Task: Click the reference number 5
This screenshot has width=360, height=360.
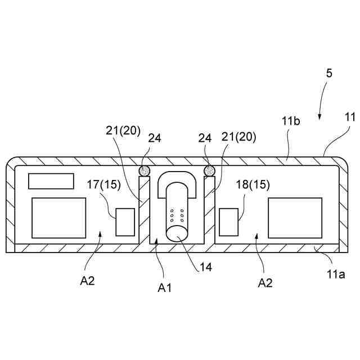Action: pos(329,73)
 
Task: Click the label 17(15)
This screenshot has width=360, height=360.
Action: pos(103,184)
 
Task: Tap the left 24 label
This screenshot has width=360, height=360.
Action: pos(155,137)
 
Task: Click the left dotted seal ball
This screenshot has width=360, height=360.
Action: pos(145,170)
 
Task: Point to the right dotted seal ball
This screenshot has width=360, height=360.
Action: pos(210,170)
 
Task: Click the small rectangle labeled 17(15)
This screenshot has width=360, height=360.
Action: pos(125,222)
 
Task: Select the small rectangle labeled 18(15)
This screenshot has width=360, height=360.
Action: pos(228,222)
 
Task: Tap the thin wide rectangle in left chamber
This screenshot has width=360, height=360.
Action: pos(51,181)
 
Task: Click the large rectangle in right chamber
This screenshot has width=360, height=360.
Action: pos(295,217)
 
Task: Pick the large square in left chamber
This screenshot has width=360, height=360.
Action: pos(58,217)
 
